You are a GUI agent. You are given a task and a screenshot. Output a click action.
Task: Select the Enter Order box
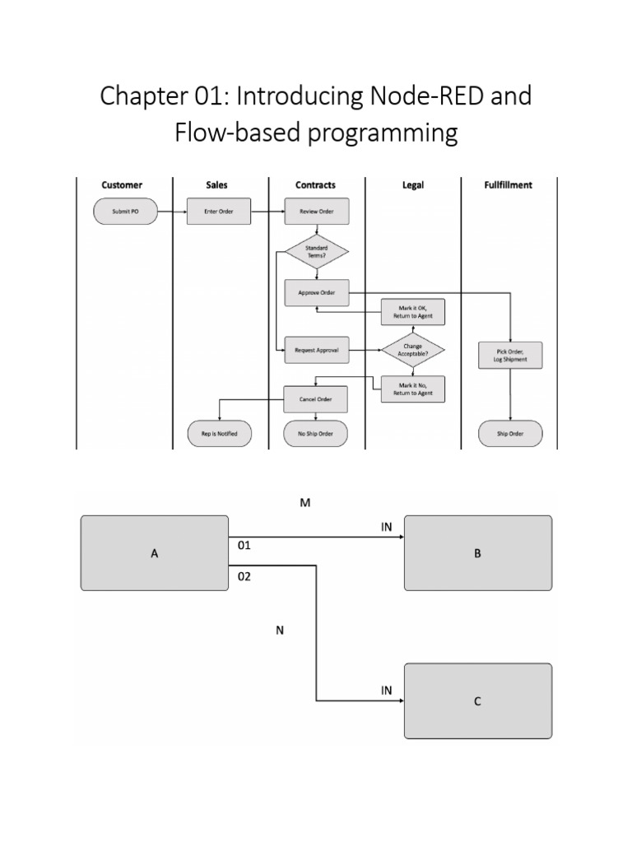219,212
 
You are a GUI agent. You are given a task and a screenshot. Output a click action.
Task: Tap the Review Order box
317,212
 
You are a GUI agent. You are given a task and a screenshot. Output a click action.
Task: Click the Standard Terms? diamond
317,251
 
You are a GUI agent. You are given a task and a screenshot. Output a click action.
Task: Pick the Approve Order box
317,291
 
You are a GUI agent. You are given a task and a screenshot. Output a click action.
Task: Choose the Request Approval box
317,350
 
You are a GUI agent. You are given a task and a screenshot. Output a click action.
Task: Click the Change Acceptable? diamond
413,350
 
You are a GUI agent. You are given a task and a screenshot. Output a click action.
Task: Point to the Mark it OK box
413,311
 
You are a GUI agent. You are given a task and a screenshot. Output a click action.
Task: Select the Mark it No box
413,389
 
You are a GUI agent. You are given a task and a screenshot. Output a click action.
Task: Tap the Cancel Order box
317,399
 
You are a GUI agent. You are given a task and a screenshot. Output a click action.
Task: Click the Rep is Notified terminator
219,434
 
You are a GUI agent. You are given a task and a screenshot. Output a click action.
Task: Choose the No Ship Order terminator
317,434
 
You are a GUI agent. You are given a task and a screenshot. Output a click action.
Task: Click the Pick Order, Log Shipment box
510,355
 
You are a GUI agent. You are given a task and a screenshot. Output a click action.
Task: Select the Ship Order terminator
510,434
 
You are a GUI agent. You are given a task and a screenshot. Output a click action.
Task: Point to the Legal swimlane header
413,185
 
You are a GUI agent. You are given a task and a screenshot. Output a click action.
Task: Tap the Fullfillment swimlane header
509,185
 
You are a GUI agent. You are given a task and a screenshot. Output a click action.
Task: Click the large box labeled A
155,553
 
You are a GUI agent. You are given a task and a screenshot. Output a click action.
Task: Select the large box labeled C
477,701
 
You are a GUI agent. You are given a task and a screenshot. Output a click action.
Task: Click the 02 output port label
244,577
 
